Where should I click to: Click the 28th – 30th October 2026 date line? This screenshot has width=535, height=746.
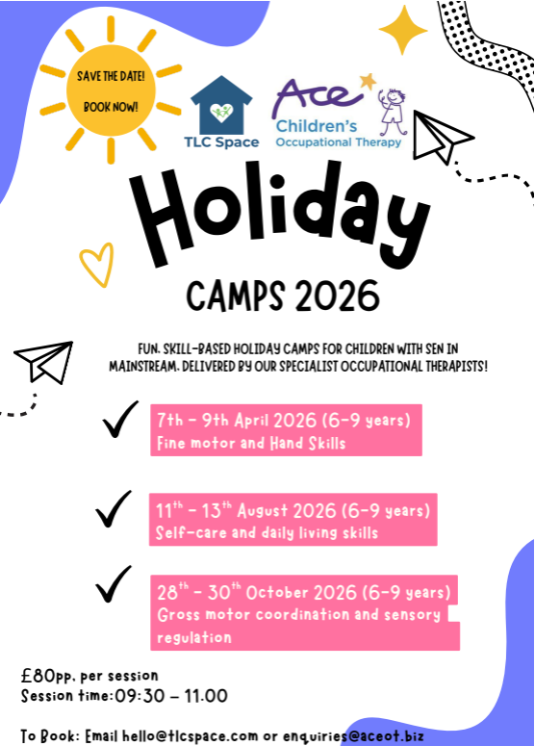click(303, 591)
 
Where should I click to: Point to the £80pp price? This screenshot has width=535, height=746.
click(43, 675)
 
